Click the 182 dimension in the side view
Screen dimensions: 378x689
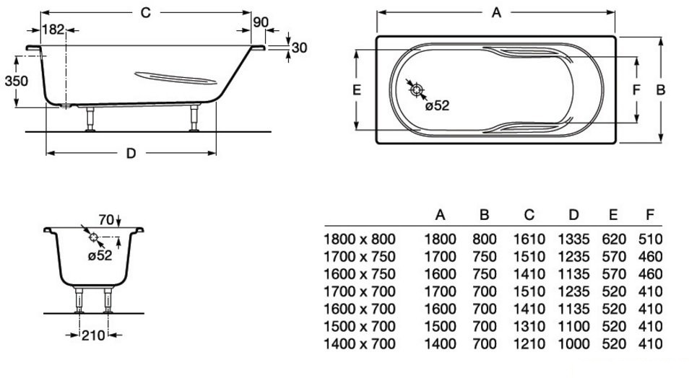pyautogui.click(x=53, y=29)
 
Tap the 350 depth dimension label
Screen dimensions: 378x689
pyautogui.click(x=16, y=81)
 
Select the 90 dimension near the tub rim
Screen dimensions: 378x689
pyautogui.click(x=261, y=22)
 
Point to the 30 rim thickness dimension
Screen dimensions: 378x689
pyautogui.click(x=301, y=48)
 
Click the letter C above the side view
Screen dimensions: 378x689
pyautogui.click(x=145, y=12)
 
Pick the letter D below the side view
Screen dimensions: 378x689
pyautogui.click(x=131, y=153)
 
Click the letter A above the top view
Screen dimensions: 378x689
pyautogui.click(x=496, y=12)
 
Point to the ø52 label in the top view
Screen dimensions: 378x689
pyautogui.click(x=437, y=106)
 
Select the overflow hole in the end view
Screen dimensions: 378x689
pyautogui.click(x=93, y=237)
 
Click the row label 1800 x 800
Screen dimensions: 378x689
pyautogui.click(x=359, y=239)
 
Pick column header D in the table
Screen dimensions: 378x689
pyautogui.click(x=573, y=215)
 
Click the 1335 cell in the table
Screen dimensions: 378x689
pyautogui.click(x=573, y=239)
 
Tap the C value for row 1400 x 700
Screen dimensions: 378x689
pyautogui.click(x=529, y=344)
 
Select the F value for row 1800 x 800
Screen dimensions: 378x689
pyautogui.click(x=650, y=239)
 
